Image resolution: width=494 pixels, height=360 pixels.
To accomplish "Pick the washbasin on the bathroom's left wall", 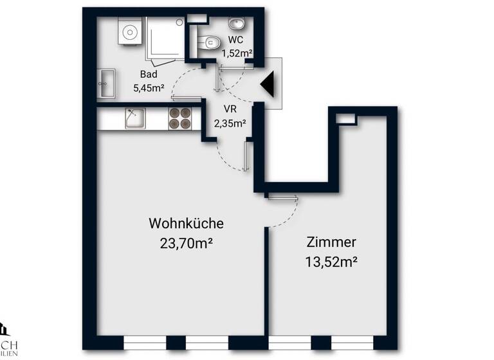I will [x=106, y=84].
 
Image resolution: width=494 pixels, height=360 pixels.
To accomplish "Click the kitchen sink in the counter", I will [x=135, y=118].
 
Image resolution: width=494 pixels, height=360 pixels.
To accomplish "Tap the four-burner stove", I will [x=181, y=118].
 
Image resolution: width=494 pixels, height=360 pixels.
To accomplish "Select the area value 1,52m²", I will [x=237, y=54].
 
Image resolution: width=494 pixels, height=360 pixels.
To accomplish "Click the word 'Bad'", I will [x=149, y=75].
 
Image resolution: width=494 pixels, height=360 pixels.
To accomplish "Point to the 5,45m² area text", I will [x=149, y=88].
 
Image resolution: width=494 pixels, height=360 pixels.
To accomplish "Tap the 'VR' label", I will [x=230, y=109].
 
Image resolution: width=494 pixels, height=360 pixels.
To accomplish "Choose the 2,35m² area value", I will [x=230, y=122].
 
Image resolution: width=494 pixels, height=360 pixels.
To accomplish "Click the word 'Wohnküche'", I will [x=186, y=224].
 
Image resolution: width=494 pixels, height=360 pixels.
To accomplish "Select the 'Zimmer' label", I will [x=331, y=242].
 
